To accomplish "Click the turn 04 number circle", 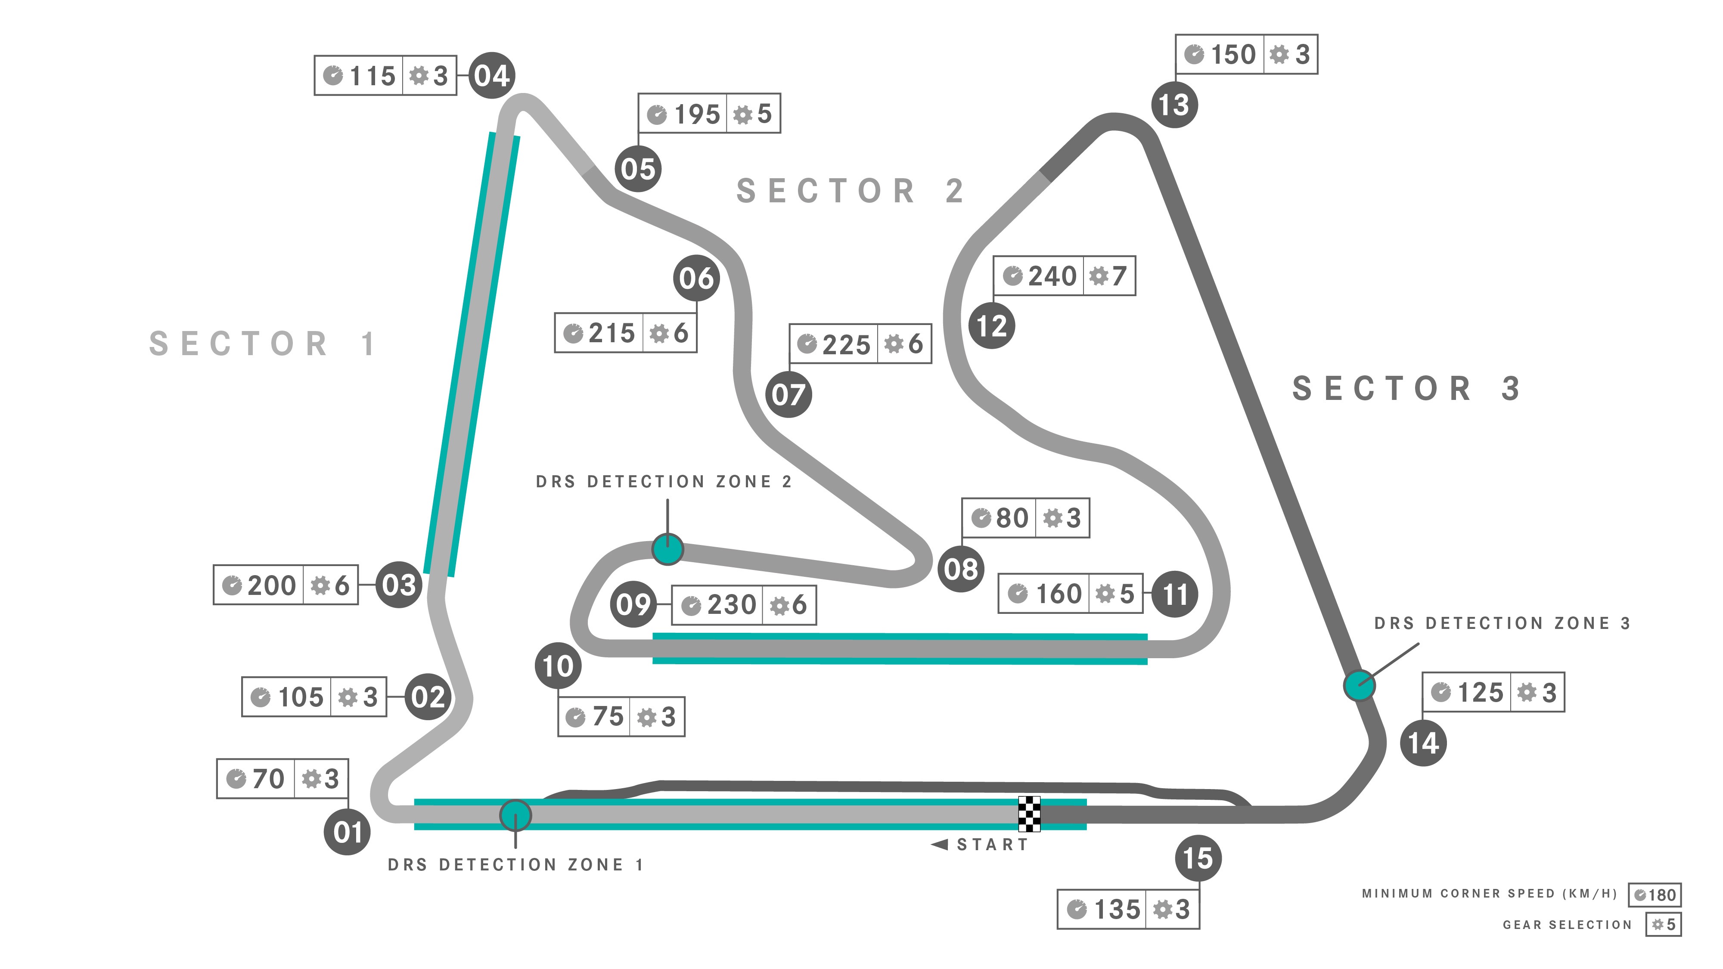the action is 492,76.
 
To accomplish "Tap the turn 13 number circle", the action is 1174,104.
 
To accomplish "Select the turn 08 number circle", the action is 961,569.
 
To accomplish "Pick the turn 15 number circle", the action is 1198,858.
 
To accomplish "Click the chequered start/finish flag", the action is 1029,814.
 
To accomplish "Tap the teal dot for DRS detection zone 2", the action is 667,549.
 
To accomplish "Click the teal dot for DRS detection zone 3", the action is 1360,685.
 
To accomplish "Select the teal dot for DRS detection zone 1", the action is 516,815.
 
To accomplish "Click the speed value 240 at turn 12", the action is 1052,276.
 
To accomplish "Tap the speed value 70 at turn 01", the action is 268,778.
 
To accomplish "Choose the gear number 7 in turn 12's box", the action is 1119,276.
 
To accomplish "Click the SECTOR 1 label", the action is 262,344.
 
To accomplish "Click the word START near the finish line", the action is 993,845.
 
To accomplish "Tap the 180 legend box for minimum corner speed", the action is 1655,895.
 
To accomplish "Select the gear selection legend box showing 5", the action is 1664,924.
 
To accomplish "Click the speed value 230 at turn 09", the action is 732,604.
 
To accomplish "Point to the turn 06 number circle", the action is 696,278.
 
